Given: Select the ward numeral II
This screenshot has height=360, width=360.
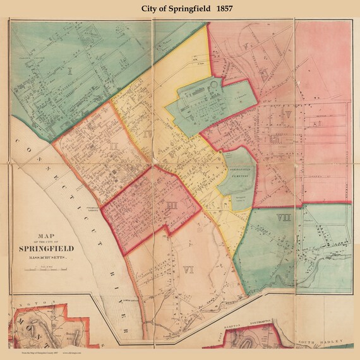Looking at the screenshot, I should click(114, 147).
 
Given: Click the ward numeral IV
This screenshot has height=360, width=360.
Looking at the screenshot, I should click(146, 134).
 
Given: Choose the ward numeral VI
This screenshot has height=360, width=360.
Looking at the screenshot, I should click(188, 270).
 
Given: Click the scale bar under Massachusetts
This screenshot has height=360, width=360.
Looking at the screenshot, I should click(49, 270).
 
